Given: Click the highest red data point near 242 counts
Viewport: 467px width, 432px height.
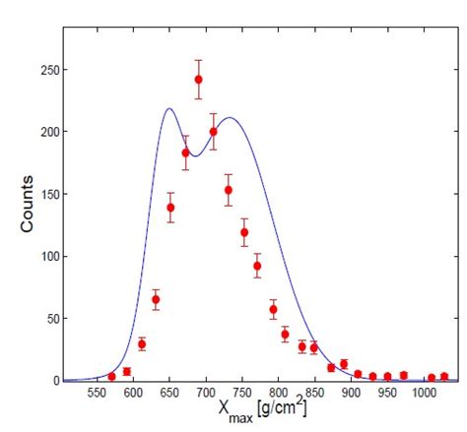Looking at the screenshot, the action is (x=198, y=80).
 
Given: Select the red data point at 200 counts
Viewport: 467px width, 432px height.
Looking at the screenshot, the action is (x=214, y=132).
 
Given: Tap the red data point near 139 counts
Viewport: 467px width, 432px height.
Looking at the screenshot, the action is (x=170, y=208).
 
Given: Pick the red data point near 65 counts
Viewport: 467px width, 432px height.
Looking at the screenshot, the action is (x=156, y=299).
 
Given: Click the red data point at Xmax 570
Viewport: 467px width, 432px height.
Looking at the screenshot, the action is (x=111, y=376).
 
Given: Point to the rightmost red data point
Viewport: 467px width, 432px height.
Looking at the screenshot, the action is (x=444, y=376).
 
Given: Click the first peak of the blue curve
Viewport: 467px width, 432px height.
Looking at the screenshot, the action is (x=169, y=108).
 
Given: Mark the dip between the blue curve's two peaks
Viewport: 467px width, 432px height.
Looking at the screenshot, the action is (x=195, y=155).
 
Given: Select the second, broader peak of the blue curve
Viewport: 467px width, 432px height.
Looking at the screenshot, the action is (x=230, y=117).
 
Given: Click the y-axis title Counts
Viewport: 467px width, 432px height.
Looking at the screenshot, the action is (x=27, y=204).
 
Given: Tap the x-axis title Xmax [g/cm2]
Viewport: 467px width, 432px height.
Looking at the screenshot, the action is (x=262, y=410).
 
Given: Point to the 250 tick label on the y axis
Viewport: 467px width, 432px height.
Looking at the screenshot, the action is (x=50, y=70).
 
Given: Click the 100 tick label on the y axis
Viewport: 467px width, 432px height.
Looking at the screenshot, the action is (x=50, y=256).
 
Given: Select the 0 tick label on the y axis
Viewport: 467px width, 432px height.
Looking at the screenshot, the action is (x=56, y=381).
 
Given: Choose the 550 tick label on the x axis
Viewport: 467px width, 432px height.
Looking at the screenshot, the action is (x=98, y=393).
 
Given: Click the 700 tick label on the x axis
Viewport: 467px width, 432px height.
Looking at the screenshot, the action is (x=206, y=393).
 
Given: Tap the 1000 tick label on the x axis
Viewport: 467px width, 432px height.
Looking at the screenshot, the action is (x=424, y=393).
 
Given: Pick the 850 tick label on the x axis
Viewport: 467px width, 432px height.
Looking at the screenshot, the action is (x=315, y=393).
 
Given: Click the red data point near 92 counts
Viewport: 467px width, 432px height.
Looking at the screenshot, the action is (x=257, y=266).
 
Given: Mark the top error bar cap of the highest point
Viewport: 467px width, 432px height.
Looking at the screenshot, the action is (x=198, y=60).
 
